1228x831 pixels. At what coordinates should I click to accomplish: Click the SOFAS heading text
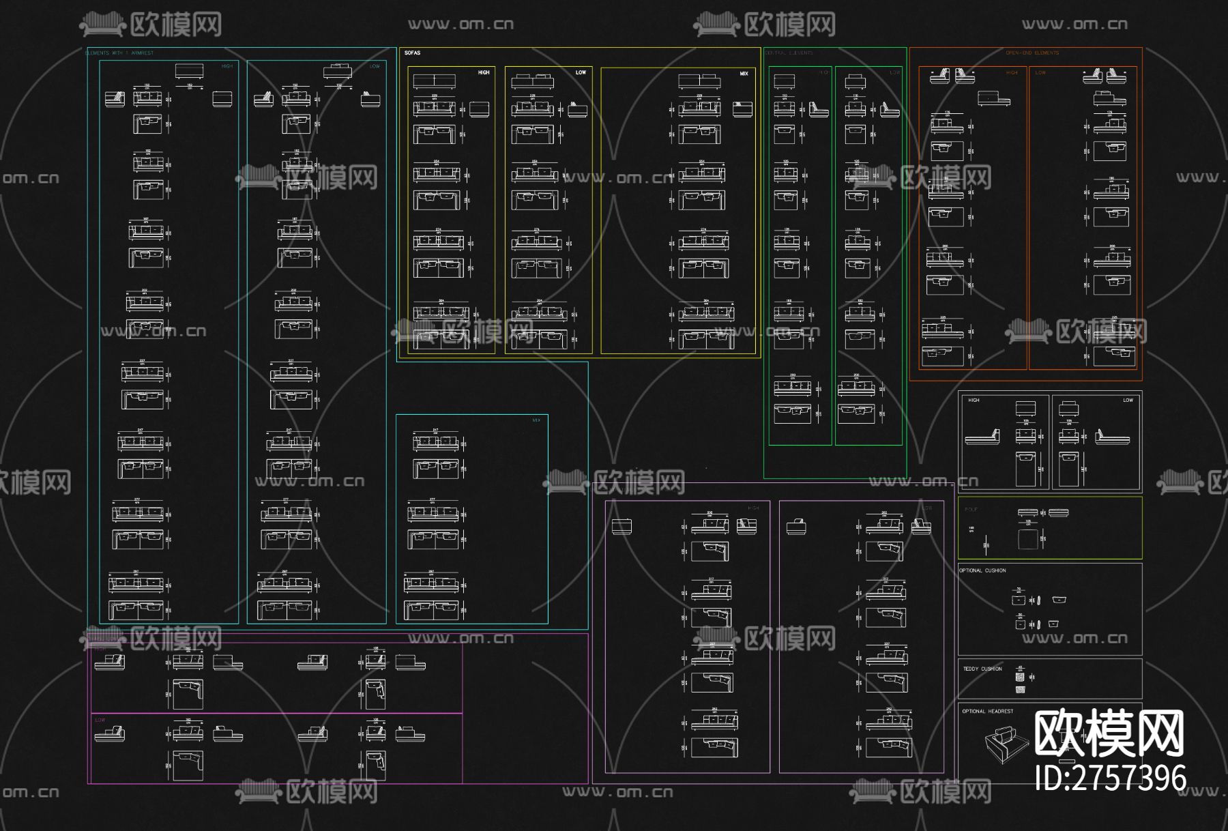coord(412,53)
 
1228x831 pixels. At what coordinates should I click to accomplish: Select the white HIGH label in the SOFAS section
coord(483,72)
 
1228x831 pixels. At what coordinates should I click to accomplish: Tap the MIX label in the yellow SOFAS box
coord(744,74)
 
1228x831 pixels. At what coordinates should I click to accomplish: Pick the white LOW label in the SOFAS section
coord(581,72)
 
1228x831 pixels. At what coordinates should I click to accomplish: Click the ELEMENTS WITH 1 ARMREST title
coord(119,53)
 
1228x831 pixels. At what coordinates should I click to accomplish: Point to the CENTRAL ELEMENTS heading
coord(789,53)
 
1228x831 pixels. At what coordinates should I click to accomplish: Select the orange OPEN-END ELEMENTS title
coord(1032,53)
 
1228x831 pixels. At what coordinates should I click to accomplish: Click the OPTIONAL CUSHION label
coord(982,570)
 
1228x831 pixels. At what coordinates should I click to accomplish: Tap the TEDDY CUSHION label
coord(982,669)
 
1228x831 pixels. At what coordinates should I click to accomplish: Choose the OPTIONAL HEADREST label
coord(987,711)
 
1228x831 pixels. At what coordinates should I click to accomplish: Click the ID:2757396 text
coord(1110,778)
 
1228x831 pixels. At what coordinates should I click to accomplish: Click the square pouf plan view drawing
coord(1027,538)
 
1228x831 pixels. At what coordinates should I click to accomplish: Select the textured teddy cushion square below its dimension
coord(1020,677)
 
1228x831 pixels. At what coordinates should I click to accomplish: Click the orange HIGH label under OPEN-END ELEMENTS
coord(1012,72)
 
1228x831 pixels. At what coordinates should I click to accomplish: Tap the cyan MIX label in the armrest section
coord(536,420)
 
